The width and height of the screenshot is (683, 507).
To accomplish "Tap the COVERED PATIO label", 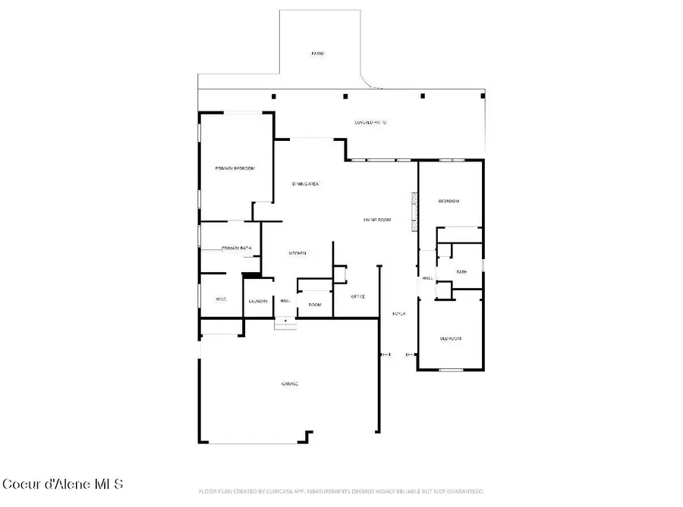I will (x=371, y=122).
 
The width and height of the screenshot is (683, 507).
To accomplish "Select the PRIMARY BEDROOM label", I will (x=234, y=168).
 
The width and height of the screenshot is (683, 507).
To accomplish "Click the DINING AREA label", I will (x=305, y=184).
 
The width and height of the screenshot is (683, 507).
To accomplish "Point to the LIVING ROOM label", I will (x=376, y=220).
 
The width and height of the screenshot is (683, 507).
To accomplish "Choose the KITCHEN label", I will (x=297, y=253).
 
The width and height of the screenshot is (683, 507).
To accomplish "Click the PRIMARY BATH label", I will (x=235, y=248).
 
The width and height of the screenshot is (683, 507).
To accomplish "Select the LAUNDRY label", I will (x=258, y=302).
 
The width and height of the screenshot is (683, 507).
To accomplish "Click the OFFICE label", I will (x=358, y=296).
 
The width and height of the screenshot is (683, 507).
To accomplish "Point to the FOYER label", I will (x=398, y=313).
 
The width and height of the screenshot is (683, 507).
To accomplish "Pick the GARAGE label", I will (x=290, y=384).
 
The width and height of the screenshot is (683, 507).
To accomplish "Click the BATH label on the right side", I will (x=461, y=271).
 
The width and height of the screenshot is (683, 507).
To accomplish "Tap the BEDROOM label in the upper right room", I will (x=449, y=202).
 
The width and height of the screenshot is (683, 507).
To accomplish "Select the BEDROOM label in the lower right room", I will (x=451, y=338).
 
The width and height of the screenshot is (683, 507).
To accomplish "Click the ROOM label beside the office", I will (x=315, y=305).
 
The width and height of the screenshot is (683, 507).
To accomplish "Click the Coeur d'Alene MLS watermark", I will (x=62, y=484).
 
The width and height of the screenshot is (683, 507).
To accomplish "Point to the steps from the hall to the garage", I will (x=285, y=323).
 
